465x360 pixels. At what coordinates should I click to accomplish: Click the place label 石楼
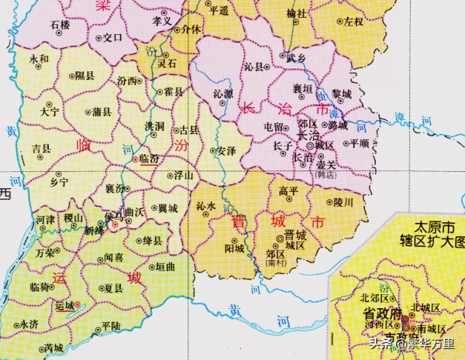(60, 26)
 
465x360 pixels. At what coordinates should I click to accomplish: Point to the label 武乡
(296, 57)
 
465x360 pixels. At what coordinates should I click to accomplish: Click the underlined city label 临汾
(148, 158)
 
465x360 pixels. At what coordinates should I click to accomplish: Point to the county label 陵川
(343, 202)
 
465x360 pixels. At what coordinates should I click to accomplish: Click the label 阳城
(234, 249)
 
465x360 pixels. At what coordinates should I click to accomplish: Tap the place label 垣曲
(165, 266)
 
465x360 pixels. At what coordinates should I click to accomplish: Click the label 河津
(45, 220)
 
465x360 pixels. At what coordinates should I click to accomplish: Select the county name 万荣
(45, 252)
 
